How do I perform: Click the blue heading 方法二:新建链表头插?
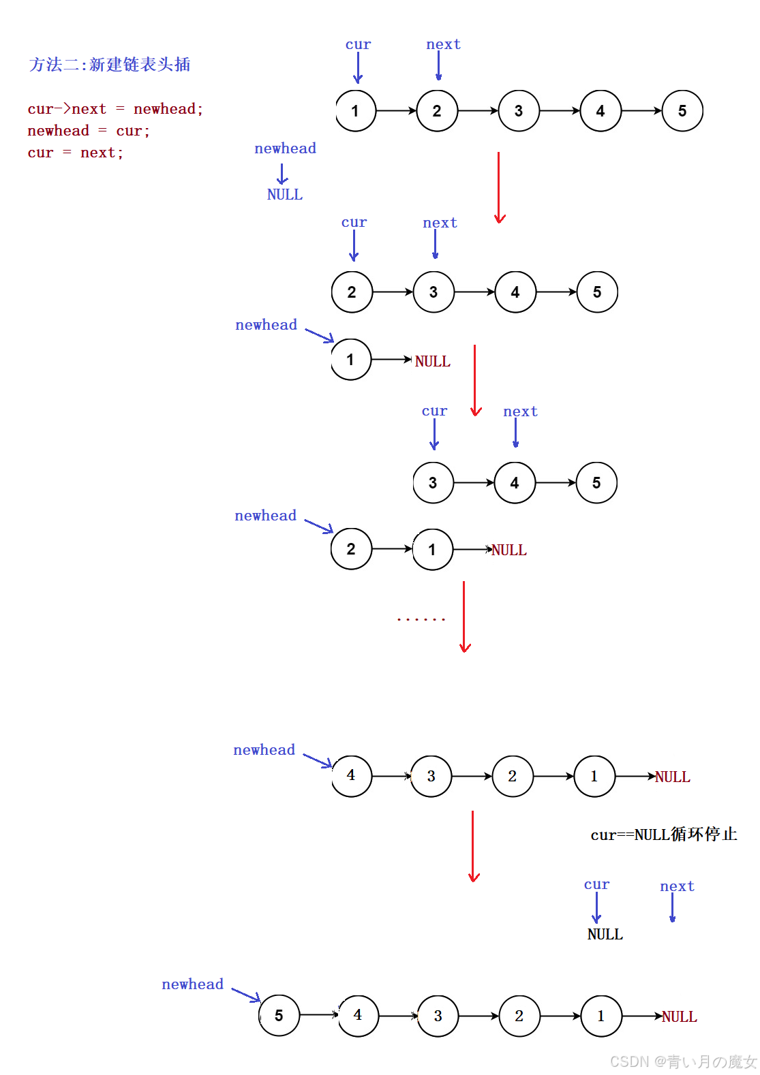coord(109,65)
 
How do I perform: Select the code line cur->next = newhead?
coord(115,109)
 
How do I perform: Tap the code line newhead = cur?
coord(89,131)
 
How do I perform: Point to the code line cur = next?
coord(75,153)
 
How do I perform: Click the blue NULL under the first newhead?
coord(284,195)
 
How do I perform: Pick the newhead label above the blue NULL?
coord(285,149)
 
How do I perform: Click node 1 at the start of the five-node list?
coord(355,111)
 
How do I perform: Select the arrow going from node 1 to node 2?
coord(396,111)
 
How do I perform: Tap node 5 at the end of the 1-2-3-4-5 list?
coord(682,111)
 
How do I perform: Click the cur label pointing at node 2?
coord(354,223)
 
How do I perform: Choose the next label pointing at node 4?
coord(520,411)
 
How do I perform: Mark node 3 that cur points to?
coord(433,483)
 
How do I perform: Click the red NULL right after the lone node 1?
coord(433,362)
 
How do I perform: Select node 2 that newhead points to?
coord(351,549)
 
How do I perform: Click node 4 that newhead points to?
coord(351,775)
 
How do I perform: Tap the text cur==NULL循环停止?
coord(663,835)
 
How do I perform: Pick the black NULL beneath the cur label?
coord(605,935)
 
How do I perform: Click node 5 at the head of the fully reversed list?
coord(279,1016)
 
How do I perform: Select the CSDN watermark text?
coord(683,1061)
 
